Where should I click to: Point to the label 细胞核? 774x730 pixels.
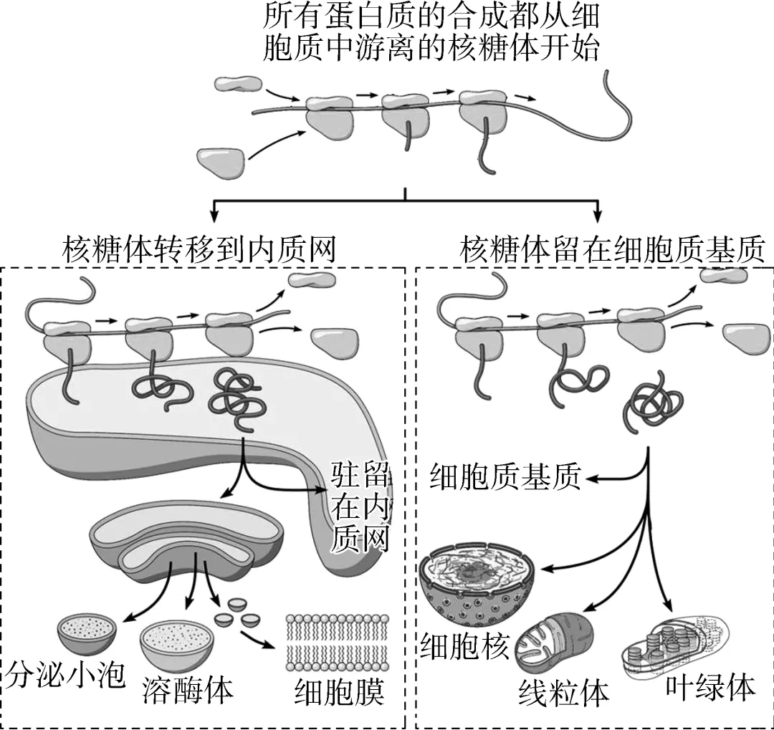click(x=465, y=645)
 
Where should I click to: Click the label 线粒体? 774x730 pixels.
click(x=563, y=693)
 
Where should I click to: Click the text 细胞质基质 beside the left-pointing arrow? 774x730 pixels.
click(x=505, y=476)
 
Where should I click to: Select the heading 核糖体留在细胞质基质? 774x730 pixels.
click(x=613, y=250)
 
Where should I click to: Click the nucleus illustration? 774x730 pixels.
click(x=479, y=580)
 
